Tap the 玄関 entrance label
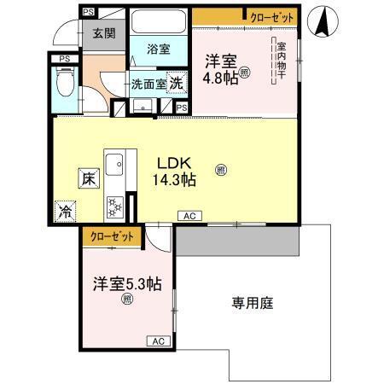(x=104, y=33)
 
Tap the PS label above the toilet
(x=64, y=58)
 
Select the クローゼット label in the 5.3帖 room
(x=109, y=236)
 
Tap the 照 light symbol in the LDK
(x=221, y=170)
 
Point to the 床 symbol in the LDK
(x=87, y=179)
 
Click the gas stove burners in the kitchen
(x=115, y=205)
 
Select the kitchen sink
(x=114, y=163)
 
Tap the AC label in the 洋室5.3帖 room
(x=157, y=341)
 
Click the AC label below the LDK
(x=188, y=218)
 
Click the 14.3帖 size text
(x=176, y=180)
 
